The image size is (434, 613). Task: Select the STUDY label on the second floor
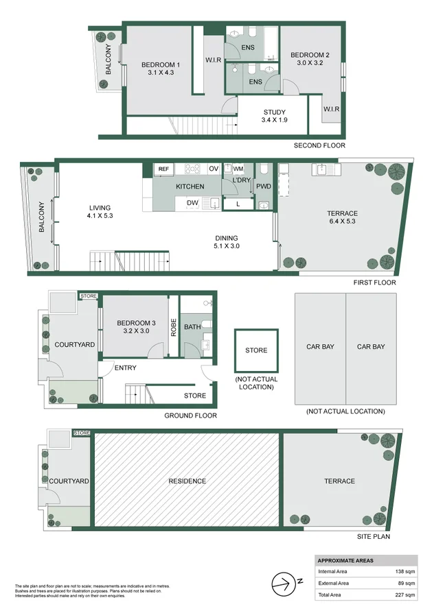[x=275, y=112]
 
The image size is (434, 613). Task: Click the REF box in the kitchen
[x=163, y=169]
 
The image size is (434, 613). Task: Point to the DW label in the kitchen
[x=192, y=204]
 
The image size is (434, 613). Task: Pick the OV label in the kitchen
[x=213, y=169]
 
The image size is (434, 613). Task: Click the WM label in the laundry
[x=238, y=169]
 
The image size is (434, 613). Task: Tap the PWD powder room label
[x=263, y=186]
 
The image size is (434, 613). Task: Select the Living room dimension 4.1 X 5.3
[x=100, y=216]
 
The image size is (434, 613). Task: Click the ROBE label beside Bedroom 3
[x=174, y=327]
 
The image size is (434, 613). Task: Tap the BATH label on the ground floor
[x=192, y=327]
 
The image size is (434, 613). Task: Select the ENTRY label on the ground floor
[x=126, y=368]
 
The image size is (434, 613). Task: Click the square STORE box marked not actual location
[x=256, y=350]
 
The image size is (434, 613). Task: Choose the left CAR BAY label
[x=320, y=347]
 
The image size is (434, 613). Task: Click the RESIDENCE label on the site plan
[x=187, y=481]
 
